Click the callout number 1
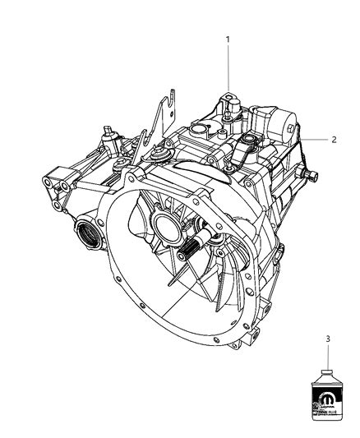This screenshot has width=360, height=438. click(x=228, y=39)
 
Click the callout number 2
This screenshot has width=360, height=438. click(x=335, y=140)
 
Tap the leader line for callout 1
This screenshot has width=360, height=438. click(x=228, y=70)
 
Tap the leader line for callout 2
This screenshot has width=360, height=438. click(x=316, y=140)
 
